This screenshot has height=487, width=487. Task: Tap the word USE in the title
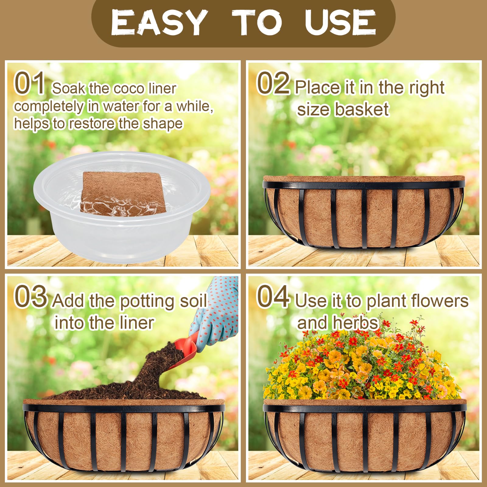pos(340,23)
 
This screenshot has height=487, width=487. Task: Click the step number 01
pos(30,83)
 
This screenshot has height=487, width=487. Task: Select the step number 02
pos(273,83)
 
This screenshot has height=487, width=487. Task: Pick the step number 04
pos(273,297)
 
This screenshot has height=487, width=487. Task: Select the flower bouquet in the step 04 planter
pos(362,365)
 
